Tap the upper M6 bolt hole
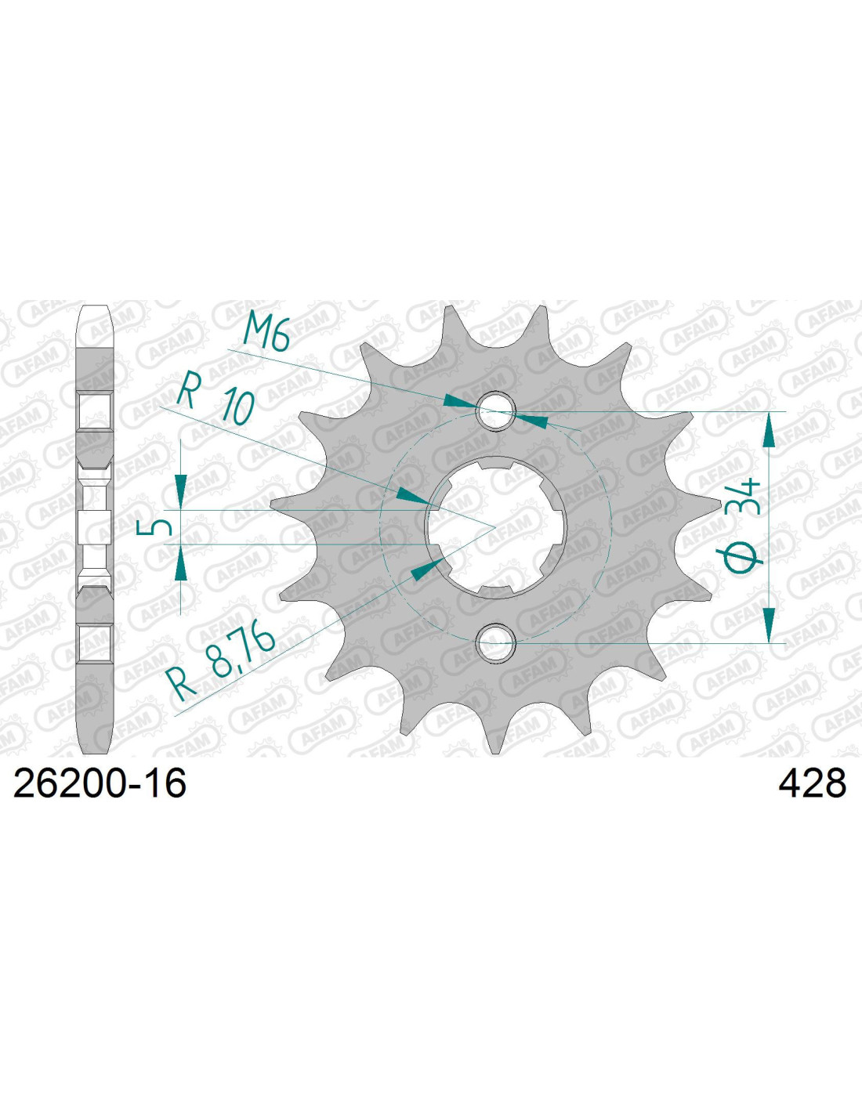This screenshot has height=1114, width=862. [495, 411]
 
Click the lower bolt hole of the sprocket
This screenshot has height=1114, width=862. [495, 642]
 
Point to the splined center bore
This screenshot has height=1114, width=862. [496, 527]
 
